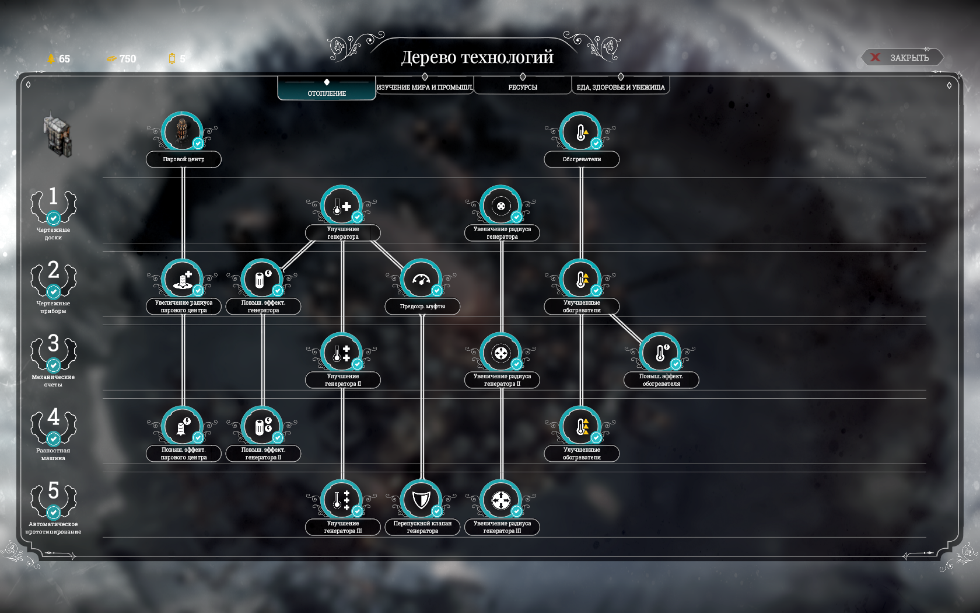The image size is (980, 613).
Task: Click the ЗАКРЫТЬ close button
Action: [902, 57]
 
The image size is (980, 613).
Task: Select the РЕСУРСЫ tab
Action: [523, 86]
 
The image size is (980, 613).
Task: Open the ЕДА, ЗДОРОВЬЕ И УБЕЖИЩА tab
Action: [621, 86]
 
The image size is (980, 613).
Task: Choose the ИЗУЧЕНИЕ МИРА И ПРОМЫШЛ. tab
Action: [425, 86]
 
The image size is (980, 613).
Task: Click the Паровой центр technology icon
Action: [182, 132]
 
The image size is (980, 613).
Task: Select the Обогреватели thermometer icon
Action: [580, 132]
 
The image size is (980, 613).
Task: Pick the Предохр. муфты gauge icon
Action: [421, 279]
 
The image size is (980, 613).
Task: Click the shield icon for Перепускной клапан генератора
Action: [421, 500]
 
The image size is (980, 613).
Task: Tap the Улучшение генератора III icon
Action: [342, 500]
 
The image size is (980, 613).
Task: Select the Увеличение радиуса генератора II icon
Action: [501, 353]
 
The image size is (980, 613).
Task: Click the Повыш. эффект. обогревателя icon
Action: [660, 353]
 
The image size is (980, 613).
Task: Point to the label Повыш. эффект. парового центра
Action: [184, 453]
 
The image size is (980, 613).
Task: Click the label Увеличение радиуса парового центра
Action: [184, 306]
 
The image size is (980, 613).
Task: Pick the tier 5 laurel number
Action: [54, 490]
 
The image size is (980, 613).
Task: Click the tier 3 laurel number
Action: [54, 343]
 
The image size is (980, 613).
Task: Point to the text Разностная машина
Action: [53, 454]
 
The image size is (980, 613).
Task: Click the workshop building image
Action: [57, 134]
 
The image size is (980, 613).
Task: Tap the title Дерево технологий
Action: [477, 57]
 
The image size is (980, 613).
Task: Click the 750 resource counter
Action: [121, 58]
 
